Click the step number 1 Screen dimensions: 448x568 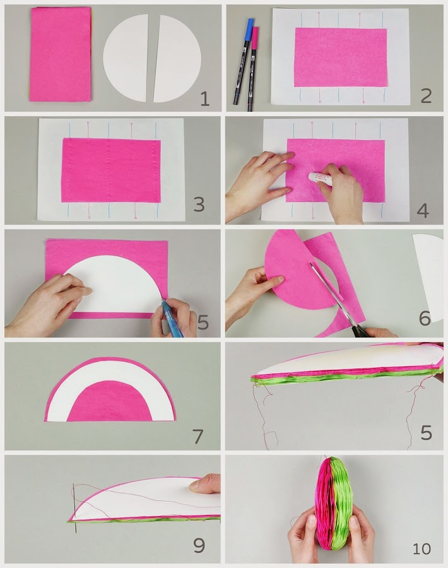tap(205, 98)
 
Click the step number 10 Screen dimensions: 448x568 tap(421, 548)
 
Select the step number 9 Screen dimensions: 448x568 tap(199, 545)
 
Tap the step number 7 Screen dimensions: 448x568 tap(198, 437)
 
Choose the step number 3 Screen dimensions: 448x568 tap(199, 204)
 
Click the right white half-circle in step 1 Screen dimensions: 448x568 tap(178, 58)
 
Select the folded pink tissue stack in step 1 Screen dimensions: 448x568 tap(60, 54)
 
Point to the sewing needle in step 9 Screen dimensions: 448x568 tap(74, 508)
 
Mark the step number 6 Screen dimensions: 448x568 tap(425, 317)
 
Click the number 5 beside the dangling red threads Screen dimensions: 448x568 tap(427, 432)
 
